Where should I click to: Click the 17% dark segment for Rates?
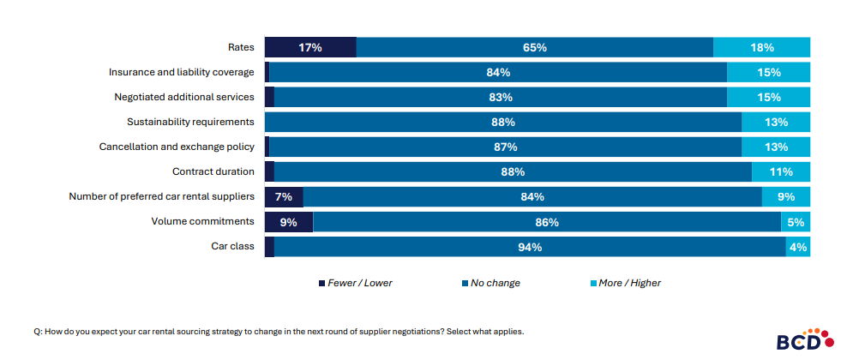pos(310,48)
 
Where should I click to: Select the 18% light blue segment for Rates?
pos(761,48)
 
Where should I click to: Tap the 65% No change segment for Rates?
pos(535,48)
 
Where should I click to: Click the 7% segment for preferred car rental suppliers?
pos(284,197)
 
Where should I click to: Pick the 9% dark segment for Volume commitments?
pos(289,222)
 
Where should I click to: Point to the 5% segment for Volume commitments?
pos(796,222)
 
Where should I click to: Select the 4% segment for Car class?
pos(798,247)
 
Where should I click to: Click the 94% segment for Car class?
pos(530,247)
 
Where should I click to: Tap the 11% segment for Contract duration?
pos(781,172)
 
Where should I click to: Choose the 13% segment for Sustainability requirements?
pos(776,123)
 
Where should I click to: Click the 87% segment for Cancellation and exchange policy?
pos(506,147)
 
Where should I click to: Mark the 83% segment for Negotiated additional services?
pos(501,98)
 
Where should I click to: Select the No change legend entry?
pos(495,283)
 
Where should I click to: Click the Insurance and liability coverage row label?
pos(182,73)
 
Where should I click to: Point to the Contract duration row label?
pos(213,171)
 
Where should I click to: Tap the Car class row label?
pos(232,246)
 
